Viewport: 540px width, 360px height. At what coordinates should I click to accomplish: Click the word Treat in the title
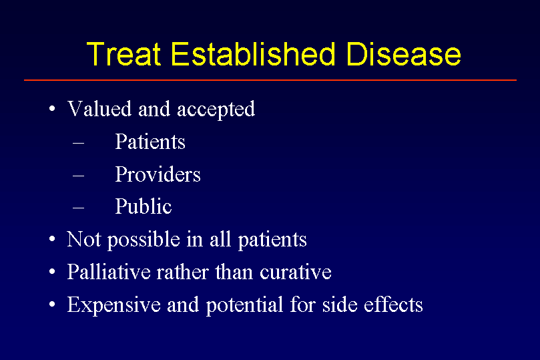coord(123,53)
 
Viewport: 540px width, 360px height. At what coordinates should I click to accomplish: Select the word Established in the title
coord(253,53)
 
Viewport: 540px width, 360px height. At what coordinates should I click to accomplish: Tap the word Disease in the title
coord(404,53)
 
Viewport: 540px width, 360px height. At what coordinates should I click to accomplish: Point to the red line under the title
coord(270,80)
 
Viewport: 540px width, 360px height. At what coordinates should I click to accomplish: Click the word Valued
coord(99,109)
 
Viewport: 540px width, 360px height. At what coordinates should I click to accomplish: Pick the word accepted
coord(216,110)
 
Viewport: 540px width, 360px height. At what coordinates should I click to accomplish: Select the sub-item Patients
coord(150,142)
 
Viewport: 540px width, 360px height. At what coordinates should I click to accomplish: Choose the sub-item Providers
coord(158,174)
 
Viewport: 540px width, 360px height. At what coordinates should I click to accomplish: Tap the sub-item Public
coord(144,206)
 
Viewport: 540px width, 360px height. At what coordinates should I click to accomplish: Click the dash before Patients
coord(79,143)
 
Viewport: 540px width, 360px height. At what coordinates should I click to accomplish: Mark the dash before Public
coord(79,208)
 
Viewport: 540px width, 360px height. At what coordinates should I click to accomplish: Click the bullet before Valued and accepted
coord(52,109)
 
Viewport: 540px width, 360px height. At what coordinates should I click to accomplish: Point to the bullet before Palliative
coord(52,272)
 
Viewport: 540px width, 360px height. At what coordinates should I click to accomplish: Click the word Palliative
coord(109,271)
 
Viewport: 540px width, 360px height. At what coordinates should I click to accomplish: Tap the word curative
coord(296,272)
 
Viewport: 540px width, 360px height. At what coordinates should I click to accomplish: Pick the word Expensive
coord(114,305)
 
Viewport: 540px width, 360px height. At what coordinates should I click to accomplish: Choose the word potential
coord(244,305)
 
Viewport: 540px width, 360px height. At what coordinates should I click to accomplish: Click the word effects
coord(393,304)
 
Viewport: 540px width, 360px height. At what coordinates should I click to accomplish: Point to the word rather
coord(183,272)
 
